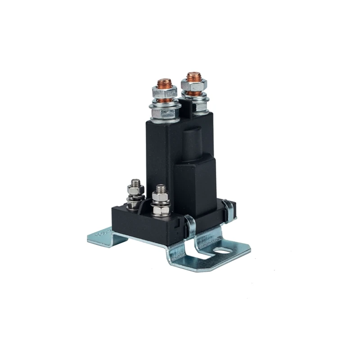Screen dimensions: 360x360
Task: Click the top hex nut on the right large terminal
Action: [194, 85]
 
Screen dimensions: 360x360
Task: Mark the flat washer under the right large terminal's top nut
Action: [194, 95]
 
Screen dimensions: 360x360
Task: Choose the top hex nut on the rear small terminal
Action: [135, 190]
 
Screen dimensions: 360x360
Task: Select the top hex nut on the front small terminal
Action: [160, 197]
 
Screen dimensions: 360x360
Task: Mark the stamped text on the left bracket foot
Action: [103, 233]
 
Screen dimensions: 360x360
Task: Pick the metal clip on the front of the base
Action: [190, 227]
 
